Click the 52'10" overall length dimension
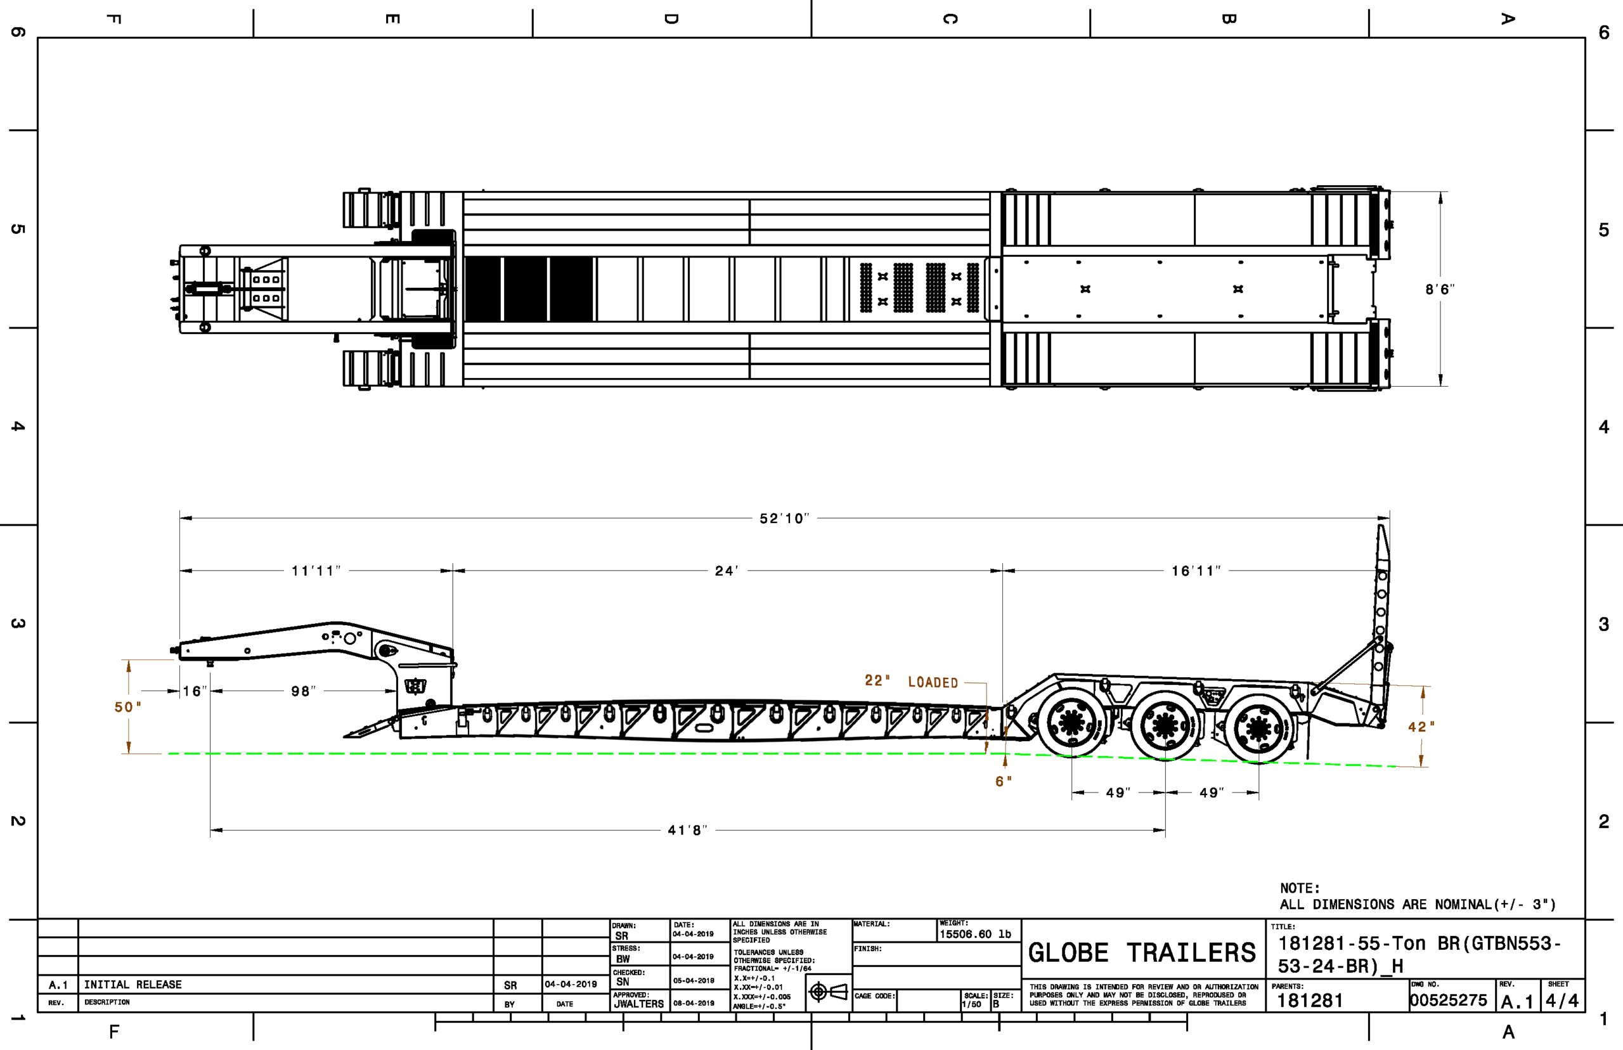coord(785,518)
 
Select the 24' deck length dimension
coord(727,571)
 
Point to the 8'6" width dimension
coord(1440,289)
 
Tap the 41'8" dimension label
coord(688,830)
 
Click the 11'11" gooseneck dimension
coord(316,571)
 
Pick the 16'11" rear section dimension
coord(1196,571)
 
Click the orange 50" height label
coord(127,707)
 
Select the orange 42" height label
coord(1421,727)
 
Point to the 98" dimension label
coord(303,691)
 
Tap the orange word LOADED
coord(933,682)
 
